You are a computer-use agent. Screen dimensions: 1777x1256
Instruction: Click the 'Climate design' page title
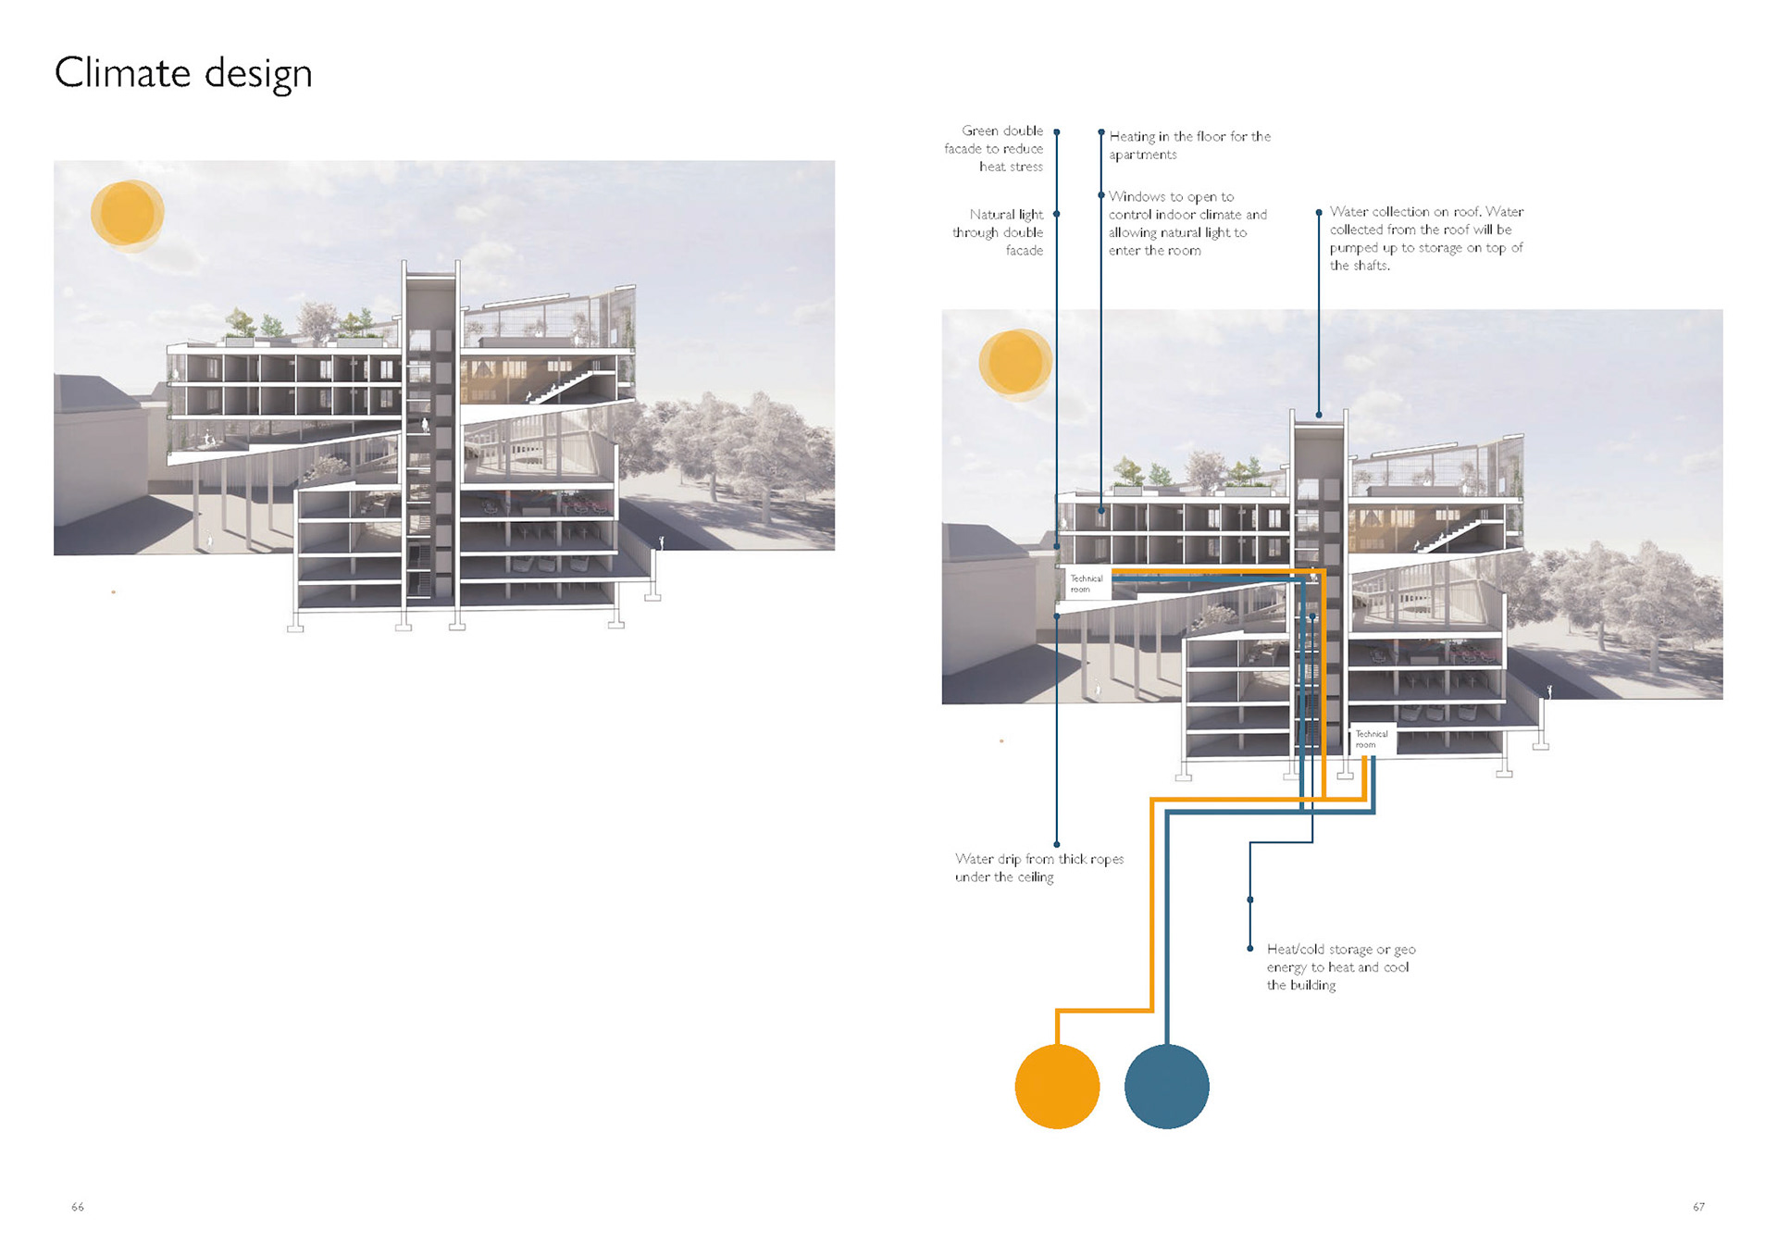coord(183,73)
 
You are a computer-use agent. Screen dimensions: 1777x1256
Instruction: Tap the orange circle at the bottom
coord(1057,1086)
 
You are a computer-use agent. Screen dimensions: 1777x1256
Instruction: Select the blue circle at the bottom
coord(1166,1086)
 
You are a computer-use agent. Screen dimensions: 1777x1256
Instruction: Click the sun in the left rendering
coord(127,214)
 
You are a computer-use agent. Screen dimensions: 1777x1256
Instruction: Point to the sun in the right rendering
coord(1015,363)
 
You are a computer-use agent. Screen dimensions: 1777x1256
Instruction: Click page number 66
coord(78,1207)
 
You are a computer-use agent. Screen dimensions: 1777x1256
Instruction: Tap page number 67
coord(1698,1207)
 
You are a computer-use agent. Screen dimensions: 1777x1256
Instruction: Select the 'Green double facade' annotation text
coord(994,148)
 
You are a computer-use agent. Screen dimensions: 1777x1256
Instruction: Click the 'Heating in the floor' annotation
coord(1189,145)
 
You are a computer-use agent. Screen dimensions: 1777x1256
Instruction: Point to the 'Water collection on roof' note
coord(1425,238)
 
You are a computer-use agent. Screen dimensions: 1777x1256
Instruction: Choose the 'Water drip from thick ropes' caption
coord(1038,868)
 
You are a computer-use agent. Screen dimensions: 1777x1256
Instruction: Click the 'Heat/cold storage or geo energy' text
coord(1340,966)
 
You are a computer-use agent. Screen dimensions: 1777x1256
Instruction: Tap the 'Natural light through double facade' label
coord(999,232)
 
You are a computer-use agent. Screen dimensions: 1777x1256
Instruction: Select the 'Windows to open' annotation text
coord(1187,223)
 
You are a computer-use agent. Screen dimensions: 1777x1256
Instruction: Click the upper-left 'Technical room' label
coord(1086,583)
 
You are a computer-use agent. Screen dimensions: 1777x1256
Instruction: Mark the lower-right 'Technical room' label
coord(1371,739)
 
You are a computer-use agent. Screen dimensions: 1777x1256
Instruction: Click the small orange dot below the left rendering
coord(114,592)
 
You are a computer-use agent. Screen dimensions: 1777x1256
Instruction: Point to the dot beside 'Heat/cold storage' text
coord(1250,949)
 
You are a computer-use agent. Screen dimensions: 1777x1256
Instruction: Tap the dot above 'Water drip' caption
coord(1057,844)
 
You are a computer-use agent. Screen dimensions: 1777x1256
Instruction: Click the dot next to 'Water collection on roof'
coord(1319,213)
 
